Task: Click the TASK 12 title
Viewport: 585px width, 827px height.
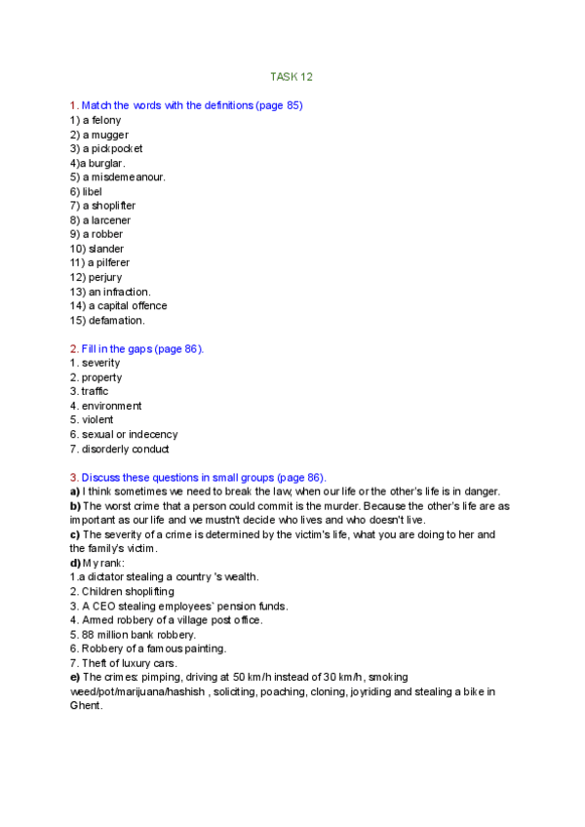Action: [292, 76]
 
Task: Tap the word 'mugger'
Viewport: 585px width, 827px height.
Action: [108, 135]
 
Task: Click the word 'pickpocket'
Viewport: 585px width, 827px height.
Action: [116, 149]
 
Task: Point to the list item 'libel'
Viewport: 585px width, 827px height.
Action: [92, 192]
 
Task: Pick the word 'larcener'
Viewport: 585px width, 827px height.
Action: [111, 220]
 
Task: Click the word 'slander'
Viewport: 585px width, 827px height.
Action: [106, 249]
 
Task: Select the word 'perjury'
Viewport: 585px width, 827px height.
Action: [105, 277]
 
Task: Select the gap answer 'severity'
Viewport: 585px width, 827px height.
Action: [101, 363]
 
